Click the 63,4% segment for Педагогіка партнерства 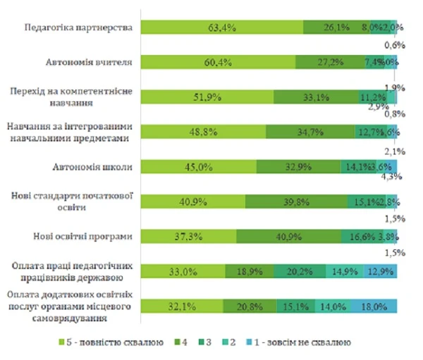tap(221, 27)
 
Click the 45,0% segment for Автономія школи tap(198, 166)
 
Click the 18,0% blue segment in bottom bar tap(374, 306)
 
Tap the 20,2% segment tap(300, 271)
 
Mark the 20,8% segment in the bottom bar tap(250, 306)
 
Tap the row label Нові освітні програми tap(90, 236)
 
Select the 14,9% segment tap(344, 271)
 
